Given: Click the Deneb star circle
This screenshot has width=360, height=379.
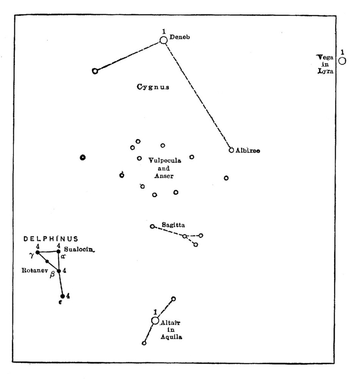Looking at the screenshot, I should (x=163, y=40).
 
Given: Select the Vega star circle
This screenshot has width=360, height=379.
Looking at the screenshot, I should (x=342, y=61).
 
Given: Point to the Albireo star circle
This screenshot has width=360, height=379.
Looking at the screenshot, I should (x=231, y=150).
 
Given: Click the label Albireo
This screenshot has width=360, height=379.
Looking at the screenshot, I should (x=247, y=150).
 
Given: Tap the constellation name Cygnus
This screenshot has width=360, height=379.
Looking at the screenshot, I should (x=153, y=87).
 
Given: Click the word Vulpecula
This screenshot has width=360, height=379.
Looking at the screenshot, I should (x=165, y=161).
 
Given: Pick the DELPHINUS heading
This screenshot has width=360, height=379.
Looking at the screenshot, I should (x=51, y=239).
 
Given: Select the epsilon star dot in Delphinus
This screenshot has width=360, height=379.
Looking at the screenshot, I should (x=63, y=296).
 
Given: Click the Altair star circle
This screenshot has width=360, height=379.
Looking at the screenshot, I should (x=155, y=321).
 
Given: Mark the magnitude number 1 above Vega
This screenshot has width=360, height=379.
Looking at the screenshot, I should (x=342, y=52).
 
